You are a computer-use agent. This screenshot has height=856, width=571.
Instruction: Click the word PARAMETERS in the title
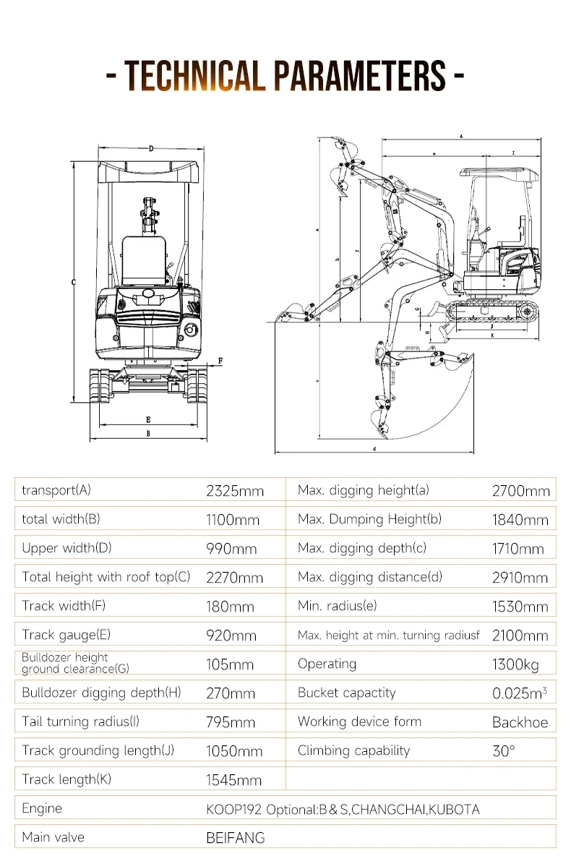pyautogui.click(x=359, y=74)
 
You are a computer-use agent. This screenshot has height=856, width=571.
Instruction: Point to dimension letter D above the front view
pyautogui.click(x=151, y=148)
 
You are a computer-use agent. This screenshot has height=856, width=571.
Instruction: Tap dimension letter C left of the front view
pyautogui.click(x=74, y=283)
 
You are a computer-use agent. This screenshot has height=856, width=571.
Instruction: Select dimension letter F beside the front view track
pyautogui.click(x=220, y=360)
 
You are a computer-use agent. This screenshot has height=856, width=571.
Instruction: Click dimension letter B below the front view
pyautogui.click(x=148, y=434)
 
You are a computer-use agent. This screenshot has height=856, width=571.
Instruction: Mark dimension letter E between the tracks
pyautogui.click(x=148, y=419)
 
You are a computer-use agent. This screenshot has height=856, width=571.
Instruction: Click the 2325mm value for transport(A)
pyautogui.click(x=235, y=491)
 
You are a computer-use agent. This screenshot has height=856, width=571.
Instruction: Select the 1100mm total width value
pyautogui.click(x=232, y=520)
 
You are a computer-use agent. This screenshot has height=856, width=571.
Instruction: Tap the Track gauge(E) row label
pyautogui.click(x=66, y=635)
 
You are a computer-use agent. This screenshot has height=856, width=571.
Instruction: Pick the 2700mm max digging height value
pyautogui.click(x=520, y=491)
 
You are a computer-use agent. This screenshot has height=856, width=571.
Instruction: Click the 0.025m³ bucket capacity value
pyautogui.click(x=520, y=693)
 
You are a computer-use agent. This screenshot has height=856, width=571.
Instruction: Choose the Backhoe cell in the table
pyautogui.click(x=520, y=722)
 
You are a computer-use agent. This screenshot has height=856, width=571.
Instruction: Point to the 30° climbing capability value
pyautogui.click(x=504, y=751)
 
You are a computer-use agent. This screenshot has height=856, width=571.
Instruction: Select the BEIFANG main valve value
pyautogui.click(x=236, y=838)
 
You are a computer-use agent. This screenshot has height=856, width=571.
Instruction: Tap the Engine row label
pyautogui.click(x=42, y=808)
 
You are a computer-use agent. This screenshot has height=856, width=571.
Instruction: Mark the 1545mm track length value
pyautogui.click(x=233, y=780)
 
